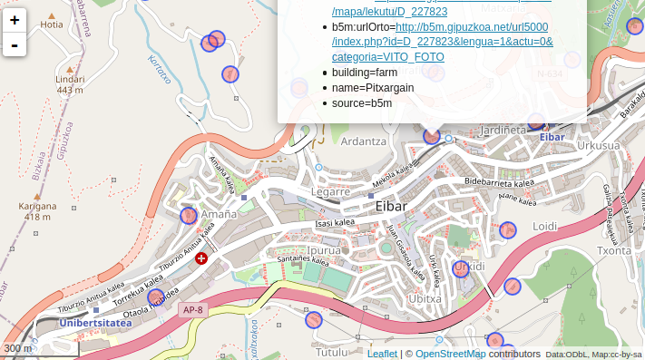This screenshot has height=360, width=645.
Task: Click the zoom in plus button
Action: (15, 20)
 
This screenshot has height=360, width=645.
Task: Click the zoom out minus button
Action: (15, 44)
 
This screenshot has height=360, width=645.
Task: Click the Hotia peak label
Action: (52, 24)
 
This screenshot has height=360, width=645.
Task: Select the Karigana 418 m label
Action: (37, 211)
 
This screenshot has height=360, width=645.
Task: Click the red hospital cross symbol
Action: (201, 258)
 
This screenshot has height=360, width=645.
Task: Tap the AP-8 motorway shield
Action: (192, 310)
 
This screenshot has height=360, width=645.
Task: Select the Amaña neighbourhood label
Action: (218, 214)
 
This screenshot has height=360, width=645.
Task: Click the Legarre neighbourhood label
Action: (330, 192)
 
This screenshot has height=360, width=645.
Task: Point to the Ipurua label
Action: (324, 249)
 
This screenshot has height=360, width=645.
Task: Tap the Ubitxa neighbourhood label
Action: (425, 297)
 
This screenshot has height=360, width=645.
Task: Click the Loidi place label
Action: (544, 226)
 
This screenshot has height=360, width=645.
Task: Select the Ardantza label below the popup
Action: (363, 141)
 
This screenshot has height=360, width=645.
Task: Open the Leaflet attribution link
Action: (382, 354)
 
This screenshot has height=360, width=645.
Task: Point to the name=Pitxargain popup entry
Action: (372, 88)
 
